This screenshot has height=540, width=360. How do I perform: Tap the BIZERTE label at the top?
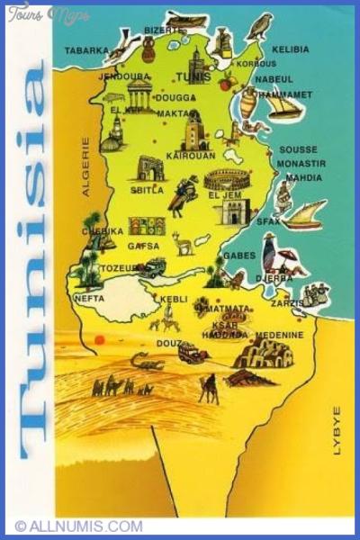(163, 30)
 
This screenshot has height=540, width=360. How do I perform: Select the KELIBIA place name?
(292, 49)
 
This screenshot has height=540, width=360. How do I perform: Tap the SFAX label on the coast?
(268, 220)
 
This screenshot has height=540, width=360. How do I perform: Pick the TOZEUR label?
(117, 268)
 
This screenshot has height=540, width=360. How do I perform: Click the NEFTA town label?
(89, 297)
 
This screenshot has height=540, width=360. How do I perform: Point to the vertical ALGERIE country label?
(87, 166)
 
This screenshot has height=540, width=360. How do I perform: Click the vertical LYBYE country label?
(337, 430)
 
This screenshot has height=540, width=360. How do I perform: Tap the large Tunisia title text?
(35, 261)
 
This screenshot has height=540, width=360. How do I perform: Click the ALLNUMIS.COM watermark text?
(79, 526)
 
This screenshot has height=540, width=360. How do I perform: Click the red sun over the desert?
(99, 340)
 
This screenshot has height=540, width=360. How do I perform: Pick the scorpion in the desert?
(147, 362)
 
